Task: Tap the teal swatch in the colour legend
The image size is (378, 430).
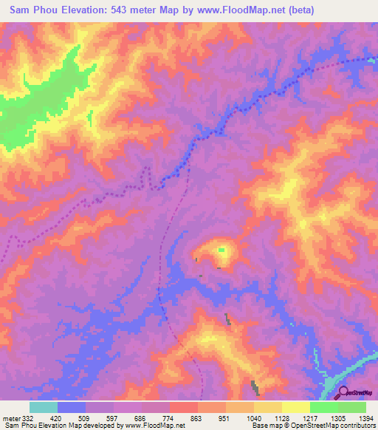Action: (x=44, y=407)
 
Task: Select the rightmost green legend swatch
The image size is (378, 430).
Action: (x=352, y=407)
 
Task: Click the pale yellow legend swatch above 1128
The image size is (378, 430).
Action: (x=268, y=407)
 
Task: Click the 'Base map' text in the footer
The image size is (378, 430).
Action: (x=267, y=426)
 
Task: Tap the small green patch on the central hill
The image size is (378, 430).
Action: (x=221, y=250)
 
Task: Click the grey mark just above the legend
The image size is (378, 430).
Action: (x=255, y=386)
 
